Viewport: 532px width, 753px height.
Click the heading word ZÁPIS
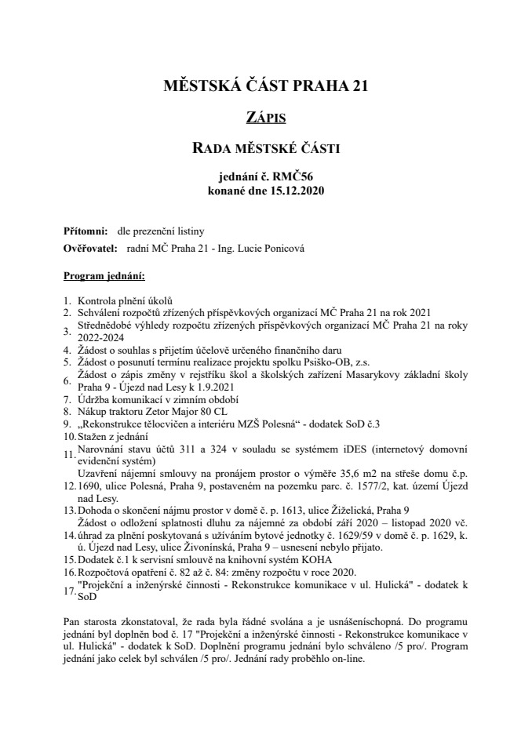coord(265,118)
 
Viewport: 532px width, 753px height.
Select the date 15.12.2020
coord(296,190)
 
